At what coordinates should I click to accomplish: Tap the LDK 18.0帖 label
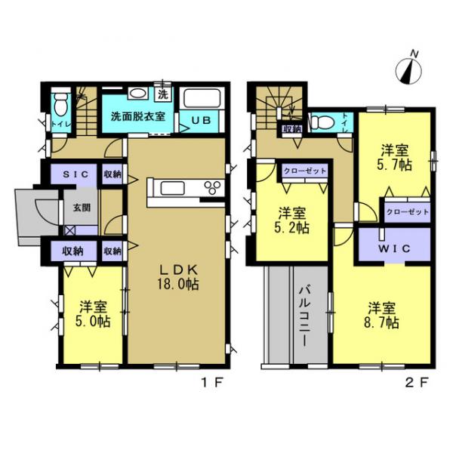pos(177,278)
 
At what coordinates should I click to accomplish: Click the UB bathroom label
pos(200,119)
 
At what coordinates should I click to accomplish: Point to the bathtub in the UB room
pos(200,99)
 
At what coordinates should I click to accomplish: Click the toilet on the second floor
pos(322,121)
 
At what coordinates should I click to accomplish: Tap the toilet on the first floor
pos(61,103)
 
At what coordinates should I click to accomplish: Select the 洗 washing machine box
pos(164,94)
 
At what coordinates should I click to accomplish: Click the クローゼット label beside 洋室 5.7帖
pos(408,212)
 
